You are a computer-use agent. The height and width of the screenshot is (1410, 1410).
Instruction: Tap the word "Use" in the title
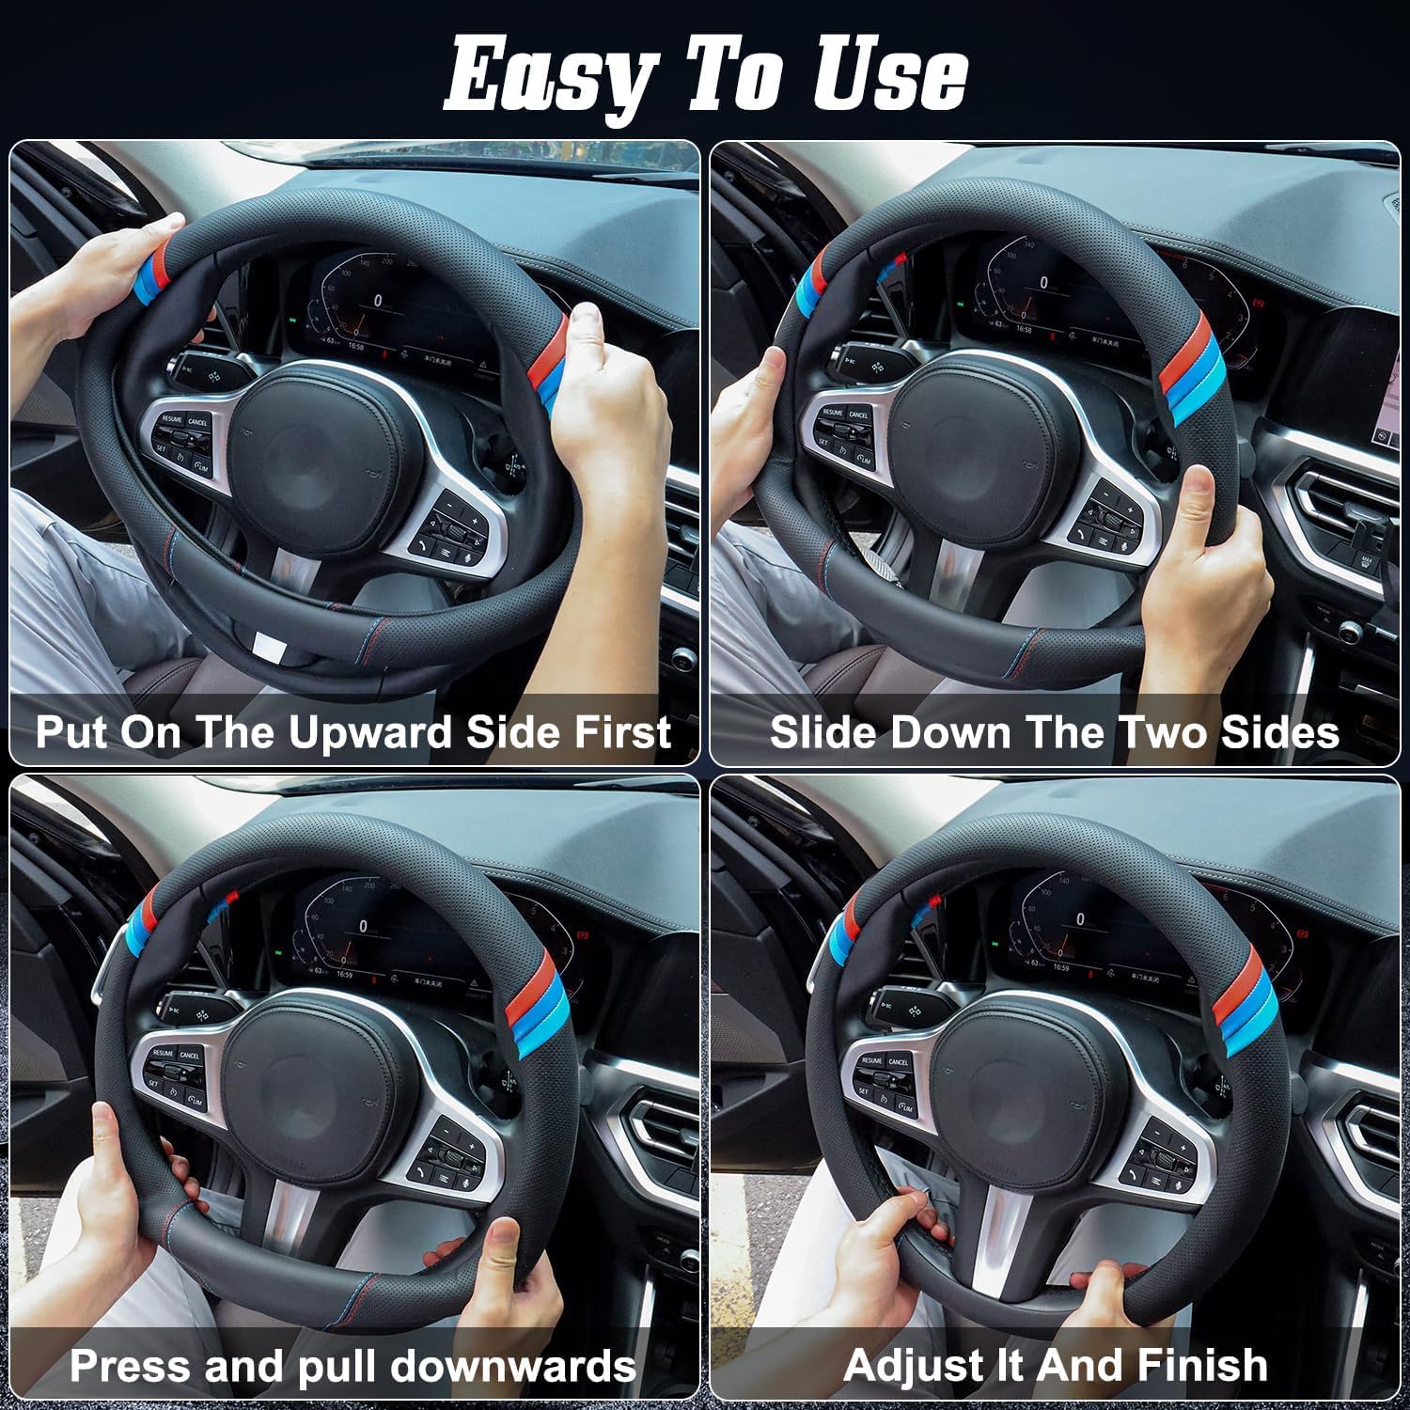889,73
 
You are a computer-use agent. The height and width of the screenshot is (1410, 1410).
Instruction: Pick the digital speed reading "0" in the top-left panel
378,301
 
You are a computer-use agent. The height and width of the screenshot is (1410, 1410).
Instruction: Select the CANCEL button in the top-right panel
858,415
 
